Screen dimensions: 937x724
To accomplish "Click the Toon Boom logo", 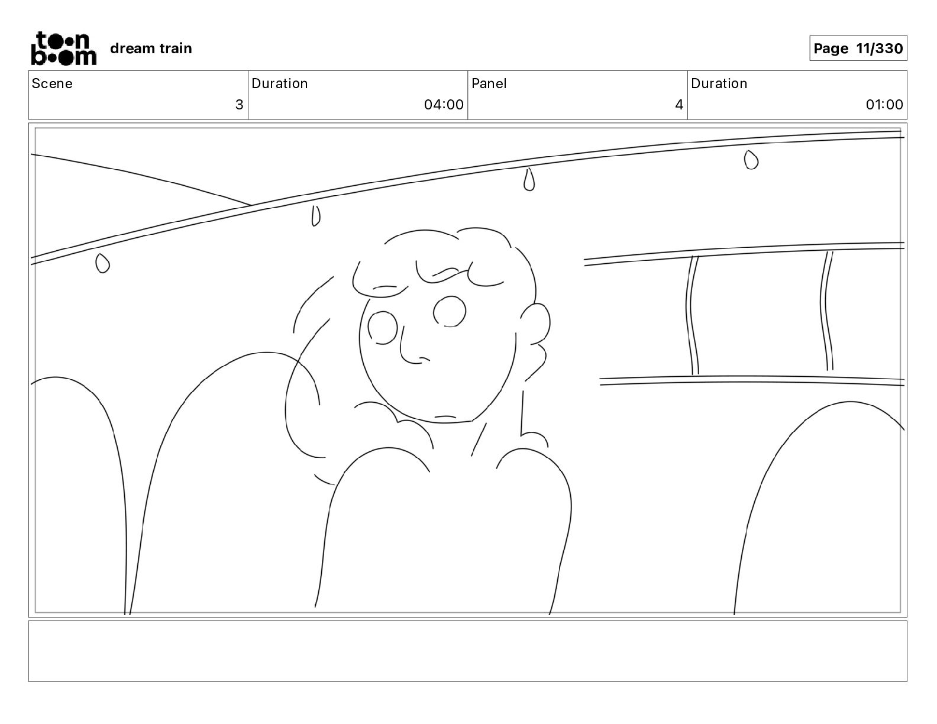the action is pos(64,49).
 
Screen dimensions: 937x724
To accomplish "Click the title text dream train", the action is pos(151,49).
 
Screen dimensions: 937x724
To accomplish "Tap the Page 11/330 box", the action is pos(858,49).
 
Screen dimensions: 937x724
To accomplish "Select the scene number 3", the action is pos(240,105).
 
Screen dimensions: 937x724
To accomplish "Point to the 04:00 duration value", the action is pos(444,105).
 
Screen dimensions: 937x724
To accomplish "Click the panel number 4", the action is pos(679,105).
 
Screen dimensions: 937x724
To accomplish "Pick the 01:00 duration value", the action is pos(884,105).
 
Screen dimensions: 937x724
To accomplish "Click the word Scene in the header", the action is pos(52,83).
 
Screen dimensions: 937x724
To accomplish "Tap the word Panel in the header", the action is pos(489,83).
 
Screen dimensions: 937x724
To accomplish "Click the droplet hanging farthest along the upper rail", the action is pos(751,160).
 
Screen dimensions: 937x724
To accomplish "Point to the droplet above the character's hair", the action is pos(529,179).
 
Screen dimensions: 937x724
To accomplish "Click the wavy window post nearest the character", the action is pos(692,315).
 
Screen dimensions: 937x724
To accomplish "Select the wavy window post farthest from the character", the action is pos(826,311).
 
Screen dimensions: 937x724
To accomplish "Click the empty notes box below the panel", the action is pos(468,651).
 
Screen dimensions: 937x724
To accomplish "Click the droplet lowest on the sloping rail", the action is pos(102,263).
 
